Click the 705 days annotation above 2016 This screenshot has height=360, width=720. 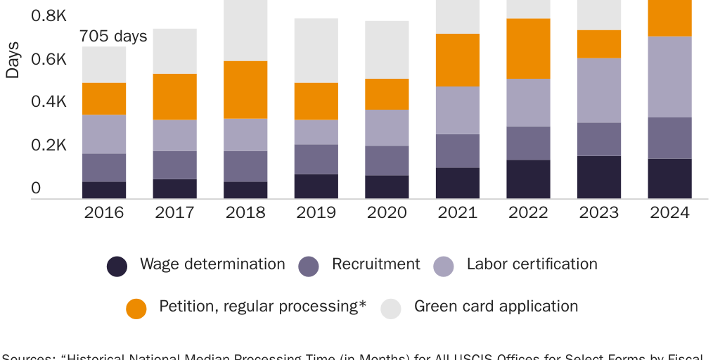pos(113,36)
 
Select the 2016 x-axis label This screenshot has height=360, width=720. pos(104,212)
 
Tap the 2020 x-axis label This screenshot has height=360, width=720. pos(387,212)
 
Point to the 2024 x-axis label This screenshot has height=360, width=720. pos(669,212)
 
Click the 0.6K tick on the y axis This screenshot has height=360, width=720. pos(49,59)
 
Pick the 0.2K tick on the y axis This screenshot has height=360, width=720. pos(49,146)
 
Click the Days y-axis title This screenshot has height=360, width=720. pos(13,59)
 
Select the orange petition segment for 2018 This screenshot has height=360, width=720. pos(245,89)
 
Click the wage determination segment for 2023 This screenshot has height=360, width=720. pos(599,177)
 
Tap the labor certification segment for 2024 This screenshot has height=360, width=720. pos(669,77)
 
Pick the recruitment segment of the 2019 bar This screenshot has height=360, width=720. pos(316,159)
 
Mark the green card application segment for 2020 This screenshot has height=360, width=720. pos(387,49)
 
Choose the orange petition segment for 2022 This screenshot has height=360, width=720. pos(528,49)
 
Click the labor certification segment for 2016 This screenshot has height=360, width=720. pos(104,134)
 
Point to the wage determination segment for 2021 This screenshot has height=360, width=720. pos(458,183)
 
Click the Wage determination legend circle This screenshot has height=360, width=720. pos(117,266)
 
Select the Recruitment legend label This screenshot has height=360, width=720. pos(375,264)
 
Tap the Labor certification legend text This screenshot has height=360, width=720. pos(532,264)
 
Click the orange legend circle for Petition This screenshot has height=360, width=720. pos(136,308)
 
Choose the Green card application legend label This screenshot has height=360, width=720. pos(496,307)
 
